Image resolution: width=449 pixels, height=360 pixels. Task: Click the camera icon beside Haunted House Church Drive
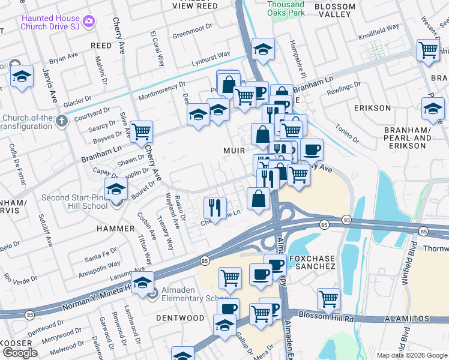click(x=89, y=22)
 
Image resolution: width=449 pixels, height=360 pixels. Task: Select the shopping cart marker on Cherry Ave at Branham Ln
click(x=140, y=131)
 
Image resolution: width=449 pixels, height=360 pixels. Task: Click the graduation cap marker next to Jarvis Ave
click(x=22, y=76)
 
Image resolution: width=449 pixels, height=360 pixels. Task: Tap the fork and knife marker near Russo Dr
click(x=214, y=207)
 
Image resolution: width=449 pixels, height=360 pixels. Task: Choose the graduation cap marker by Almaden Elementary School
click(x=142, y=283)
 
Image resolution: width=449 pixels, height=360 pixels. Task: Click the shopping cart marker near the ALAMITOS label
click(x=328, y=298)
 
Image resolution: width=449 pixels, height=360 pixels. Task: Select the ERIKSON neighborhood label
click(x=372, y=108)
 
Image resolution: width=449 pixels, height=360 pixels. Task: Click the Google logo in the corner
click(x=20, y=353)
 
